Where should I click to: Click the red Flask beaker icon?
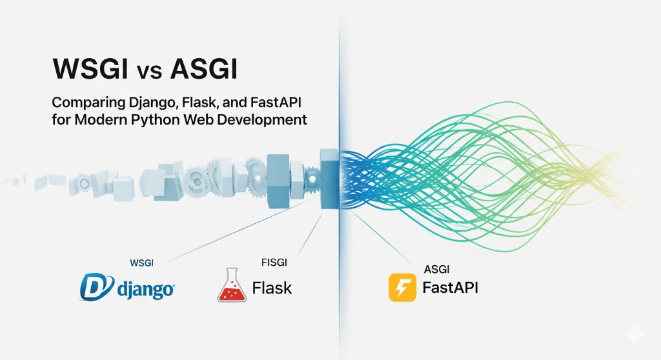coord(232,286)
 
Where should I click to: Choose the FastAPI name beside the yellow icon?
coord(450,286)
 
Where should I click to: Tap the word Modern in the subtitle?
coord(110,120)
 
